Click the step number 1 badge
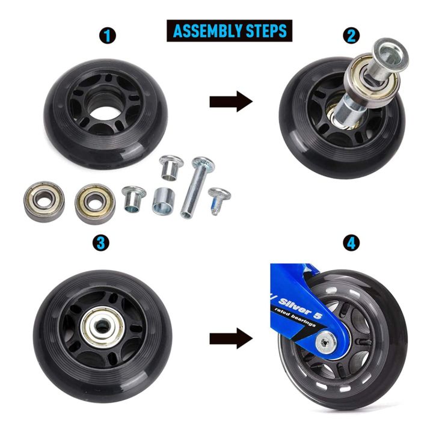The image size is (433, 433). pos(108,35)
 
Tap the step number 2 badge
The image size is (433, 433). pos(351,35)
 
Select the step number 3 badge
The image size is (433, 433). pos(101,242)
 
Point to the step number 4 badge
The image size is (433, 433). pos(351,242)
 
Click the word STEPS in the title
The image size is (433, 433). pos(264,29)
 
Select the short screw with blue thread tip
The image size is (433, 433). pos(218,200)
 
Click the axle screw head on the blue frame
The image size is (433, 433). pos(325,343)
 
